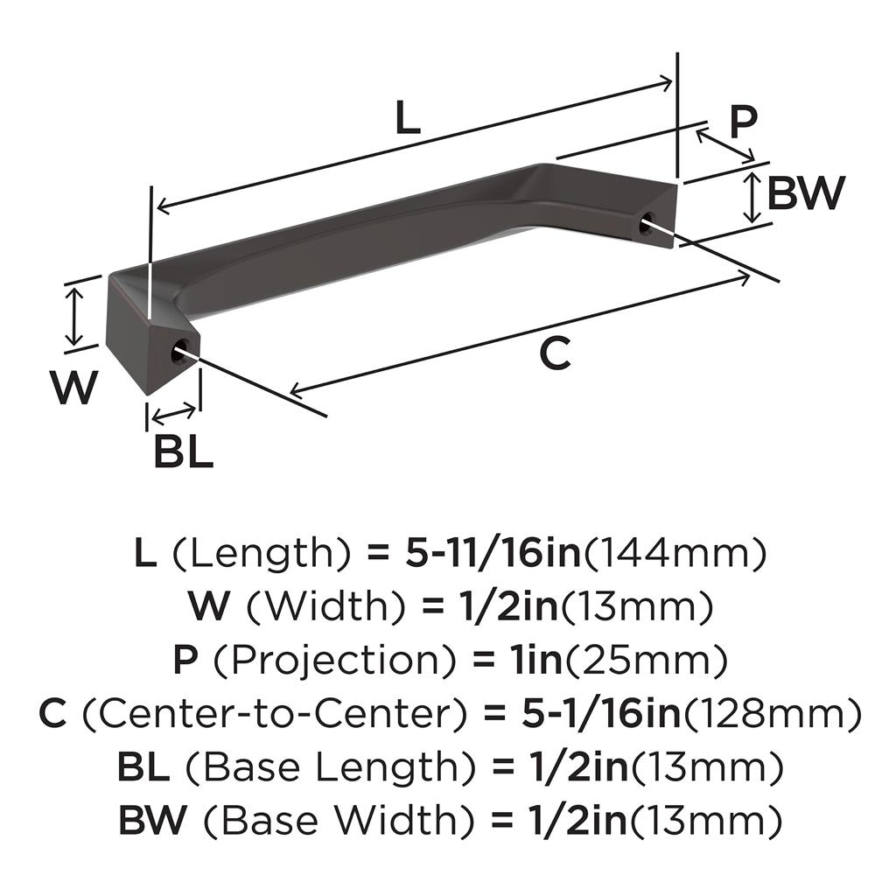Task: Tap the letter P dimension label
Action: (x=743, y=121)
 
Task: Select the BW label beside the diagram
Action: (x=806, y=193)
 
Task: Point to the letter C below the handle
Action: (x=555, y=353)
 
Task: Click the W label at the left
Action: (x=73, y=387)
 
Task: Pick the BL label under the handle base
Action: (x=184, y=452)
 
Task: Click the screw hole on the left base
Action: (x=180, y=350)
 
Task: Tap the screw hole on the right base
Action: (x=647, y=222)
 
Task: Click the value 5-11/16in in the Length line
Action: (x=493, y=554)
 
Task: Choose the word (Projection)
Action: (x=335, y=660)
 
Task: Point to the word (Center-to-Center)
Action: (x=275, y=714)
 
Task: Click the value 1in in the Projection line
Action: (x=536, y=660)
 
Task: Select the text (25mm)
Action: (x=646, y=660)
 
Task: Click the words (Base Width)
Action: (x=339, y=821)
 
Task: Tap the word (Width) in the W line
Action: (x=325, y=607)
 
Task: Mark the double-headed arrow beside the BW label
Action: (x=753, y=198)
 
